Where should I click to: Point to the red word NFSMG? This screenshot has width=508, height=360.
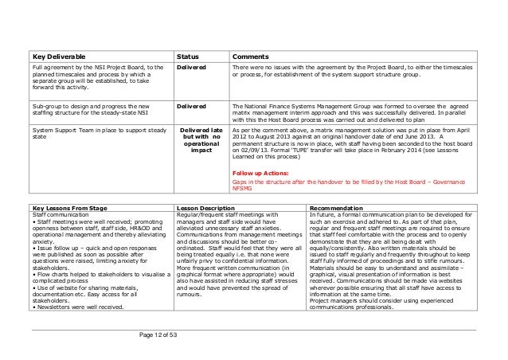pyautogui.click(x=243, y=188)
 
